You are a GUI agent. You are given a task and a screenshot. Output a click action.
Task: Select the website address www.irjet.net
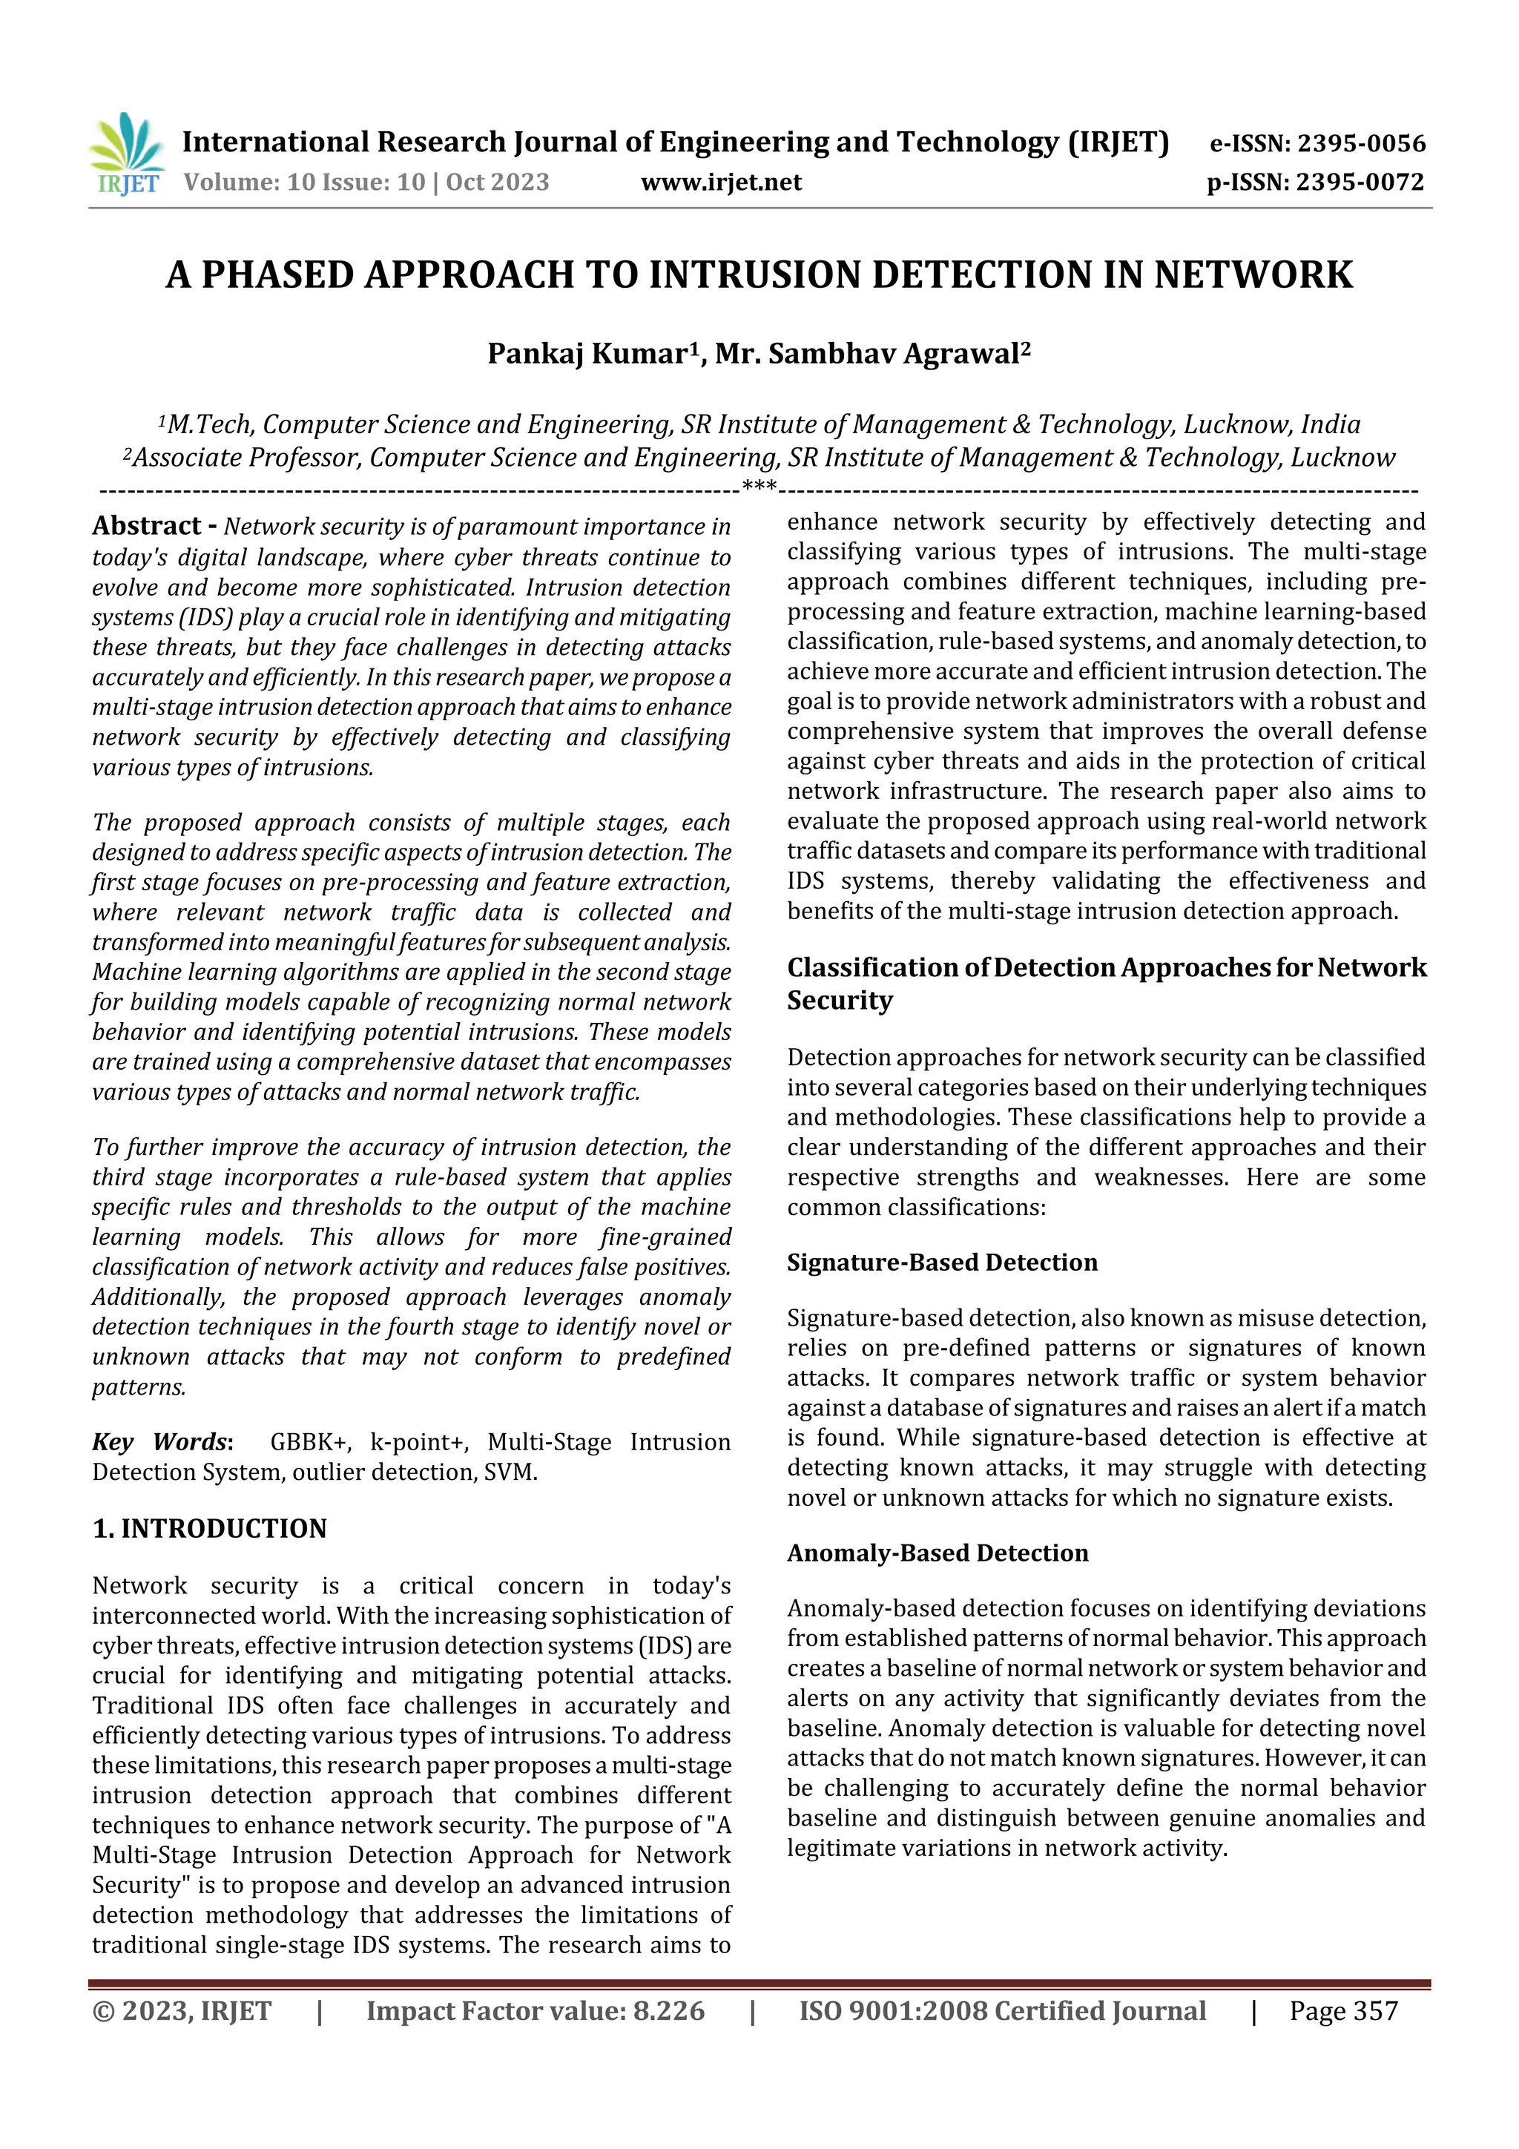721,182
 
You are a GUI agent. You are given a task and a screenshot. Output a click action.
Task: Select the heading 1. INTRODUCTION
210,1530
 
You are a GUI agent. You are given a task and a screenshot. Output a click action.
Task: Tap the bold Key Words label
161,1442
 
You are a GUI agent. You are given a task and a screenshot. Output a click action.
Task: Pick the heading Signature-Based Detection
941,1263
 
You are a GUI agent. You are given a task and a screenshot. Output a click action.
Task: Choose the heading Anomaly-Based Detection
937,1554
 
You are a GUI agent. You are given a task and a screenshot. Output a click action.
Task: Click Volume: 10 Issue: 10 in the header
304,182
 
